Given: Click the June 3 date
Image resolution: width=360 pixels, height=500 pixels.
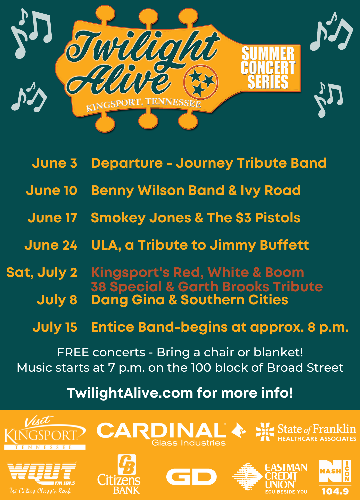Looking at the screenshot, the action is pos(55,163).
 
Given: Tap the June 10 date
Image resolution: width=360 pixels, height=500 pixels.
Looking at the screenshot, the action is pos(52,190).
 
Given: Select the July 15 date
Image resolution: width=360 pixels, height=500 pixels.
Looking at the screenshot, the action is pos(55,327).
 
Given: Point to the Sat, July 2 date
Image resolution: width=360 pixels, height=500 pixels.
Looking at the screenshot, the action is pos(42,273).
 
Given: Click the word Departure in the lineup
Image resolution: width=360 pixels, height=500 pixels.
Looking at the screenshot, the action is pos(127,163).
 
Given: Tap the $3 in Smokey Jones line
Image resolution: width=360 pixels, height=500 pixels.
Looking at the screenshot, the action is pos(244,218).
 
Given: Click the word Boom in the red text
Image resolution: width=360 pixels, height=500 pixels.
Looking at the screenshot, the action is pos(284,273).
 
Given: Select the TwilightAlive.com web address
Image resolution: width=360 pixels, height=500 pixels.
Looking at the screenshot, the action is pos(130,393).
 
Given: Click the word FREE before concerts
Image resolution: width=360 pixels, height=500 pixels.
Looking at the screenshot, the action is pos(73,352).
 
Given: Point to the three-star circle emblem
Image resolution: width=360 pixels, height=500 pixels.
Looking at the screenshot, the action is pos(201,82).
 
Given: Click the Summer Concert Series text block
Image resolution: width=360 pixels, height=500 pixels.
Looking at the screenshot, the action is pos(268,68).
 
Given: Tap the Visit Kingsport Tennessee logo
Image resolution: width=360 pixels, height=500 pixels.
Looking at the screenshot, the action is pos(45,434).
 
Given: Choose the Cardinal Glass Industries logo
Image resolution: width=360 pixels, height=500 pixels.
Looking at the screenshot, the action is pos(171,434).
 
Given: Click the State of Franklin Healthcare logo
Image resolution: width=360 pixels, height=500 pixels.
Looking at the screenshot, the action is pos(306,432).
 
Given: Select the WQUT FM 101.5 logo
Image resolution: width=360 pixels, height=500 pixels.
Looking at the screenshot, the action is pos(42,477).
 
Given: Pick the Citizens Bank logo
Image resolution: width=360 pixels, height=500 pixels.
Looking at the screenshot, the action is pos(119,474).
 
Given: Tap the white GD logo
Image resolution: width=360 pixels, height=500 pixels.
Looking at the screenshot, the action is pos(191,477).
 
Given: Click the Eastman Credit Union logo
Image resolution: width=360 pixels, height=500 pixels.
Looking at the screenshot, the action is pos(270,478).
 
